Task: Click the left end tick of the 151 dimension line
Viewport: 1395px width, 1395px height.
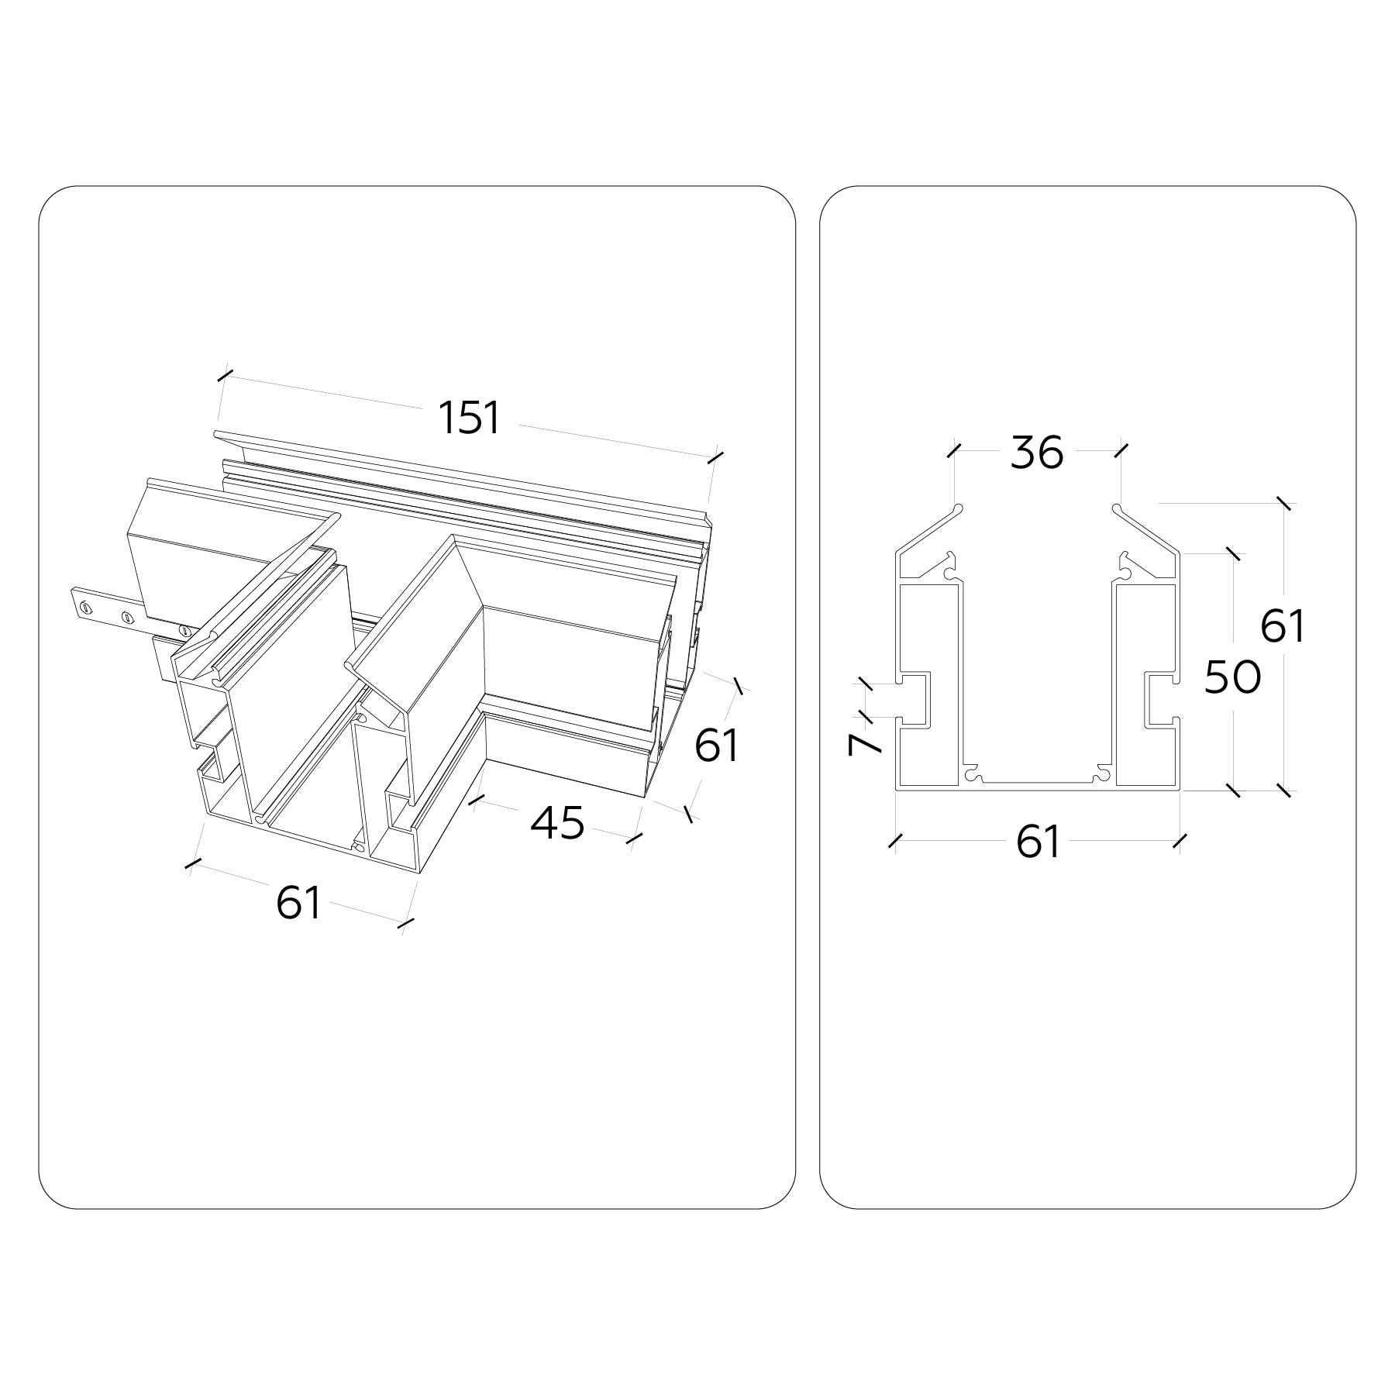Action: click(x=226, y=376)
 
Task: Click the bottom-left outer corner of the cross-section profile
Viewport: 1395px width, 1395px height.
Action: click(x=897, y=790)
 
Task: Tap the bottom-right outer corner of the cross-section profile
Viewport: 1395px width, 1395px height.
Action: click(x=1179, y=790)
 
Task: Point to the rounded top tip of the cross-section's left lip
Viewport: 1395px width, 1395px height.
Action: click(x=959, y=508)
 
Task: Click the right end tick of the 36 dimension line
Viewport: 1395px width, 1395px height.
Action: click(x=1121, y=450)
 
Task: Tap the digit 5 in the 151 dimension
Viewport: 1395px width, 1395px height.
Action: click(x=470, y=417)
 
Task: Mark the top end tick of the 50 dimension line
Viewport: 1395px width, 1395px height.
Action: click(x=1232, y=554)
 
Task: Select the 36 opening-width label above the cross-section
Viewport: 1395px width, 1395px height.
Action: click(x=1037, y=453)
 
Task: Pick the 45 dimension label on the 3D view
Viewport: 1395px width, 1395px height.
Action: click(x=557, y=822)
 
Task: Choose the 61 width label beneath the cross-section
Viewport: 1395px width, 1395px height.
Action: click(x=1038, y=842)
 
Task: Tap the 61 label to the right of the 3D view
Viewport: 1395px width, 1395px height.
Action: click(x=717, y=745)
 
